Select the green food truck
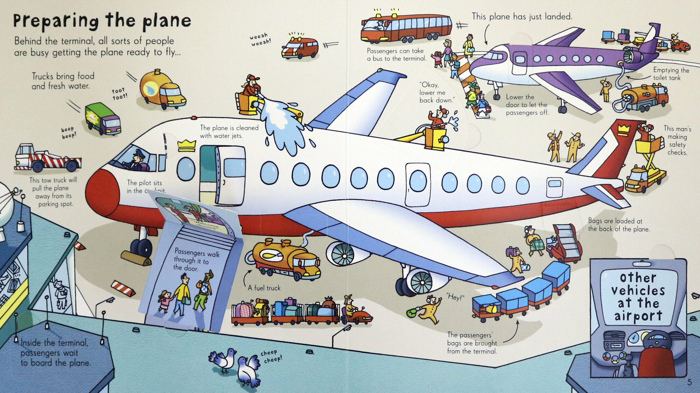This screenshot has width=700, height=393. (103, 119)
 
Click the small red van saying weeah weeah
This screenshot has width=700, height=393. (300, 48)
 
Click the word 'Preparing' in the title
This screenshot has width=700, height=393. (56, 21)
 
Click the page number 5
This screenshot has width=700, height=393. (689, 382)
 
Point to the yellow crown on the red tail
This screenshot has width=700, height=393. (623, 130)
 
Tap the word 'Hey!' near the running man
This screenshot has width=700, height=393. (455, 297)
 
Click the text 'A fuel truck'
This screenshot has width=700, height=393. (264, 288)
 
